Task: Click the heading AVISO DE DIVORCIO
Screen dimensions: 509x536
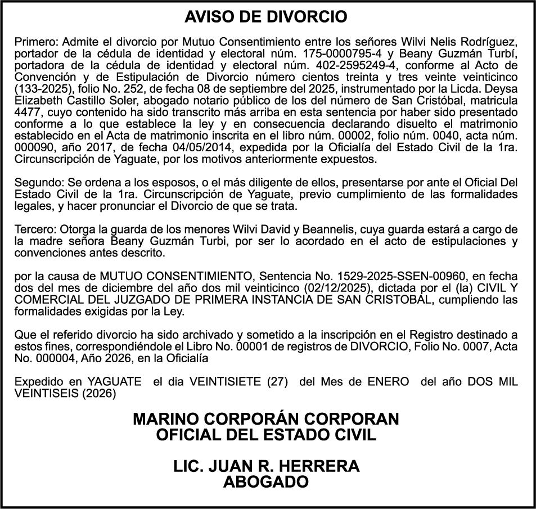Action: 266,17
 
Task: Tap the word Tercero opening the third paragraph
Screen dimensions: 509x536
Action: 34,230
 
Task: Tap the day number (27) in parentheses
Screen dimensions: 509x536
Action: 278,382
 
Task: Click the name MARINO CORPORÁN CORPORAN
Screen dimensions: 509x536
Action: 266,419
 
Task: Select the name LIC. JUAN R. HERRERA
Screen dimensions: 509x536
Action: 266,466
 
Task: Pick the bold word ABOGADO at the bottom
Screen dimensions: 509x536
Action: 266,482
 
